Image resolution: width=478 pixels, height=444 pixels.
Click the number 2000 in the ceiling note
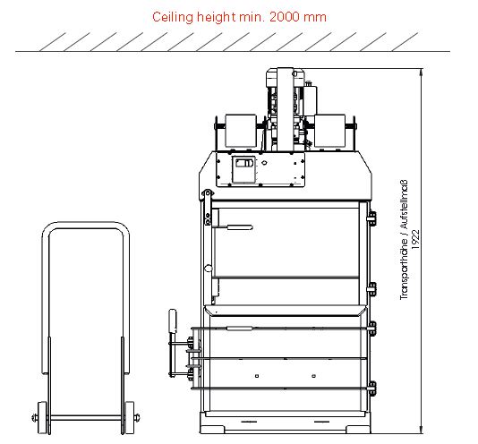[284, 17]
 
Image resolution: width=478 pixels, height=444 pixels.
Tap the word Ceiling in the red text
[173, 17]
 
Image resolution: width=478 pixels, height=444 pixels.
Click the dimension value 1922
[416, 239]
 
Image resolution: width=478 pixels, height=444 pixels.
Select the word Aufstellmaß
[404, 204]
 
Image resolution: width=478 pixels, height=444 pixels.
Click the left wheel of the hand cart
[42, 417]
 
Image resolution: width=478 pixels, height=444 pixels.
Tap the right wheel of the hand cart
[130, 417]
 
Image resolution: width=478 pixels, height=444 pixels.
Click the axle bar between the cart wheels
[86, 418]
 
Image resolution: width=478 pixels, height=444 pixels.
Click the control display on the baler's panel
[243, 169]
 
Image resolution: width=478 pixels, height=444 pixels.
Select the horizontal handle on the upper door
[234, 227]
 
